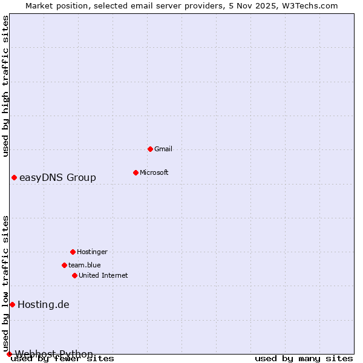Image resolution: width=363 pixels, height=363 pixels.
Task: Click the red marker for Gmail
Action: click(x=150, y=149)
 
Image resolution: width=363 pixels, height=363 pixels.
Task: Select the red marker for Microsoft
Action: click(x=136, y=172)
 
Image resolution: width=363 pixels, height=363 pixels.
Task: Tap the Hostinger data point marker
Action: click(x=73, y=252)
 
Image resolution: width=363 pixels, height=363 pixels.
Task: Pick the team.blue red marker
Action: click(x=64, y=265)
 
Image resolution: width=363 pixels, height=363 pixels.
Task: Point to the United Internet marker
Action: click(x=74, y=275)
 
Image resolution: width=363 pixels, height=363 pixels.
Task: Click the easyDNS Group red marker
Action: click(x=14, y=177)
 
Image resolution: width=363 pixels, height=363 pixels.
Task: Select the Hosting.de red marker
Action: click(x=12, y=304)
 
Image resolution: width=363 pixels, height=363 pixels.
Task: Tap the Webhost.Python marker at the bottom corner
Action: click(x=9, y=354)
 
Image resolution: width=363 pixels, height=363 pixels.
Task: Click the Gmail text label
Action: click(x=163, y=149)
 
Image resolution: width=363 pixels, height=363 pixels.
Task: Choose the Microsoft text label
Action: click(x=154, y=172)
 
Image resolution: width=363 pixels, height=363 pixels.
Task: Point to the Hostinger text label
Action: click(x=92, y=252)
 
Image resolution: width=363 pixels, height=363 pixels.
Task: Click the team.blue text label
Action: click(x=84, y=265)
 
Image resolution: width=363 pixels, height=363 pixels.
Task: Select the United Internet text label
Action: click(x=103, y=275)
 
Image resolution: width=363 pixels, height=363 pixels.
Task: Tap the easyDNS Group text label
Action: click(x=57, y=177)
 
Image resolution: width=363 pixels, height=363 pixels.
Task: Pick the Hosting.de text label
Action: click(x=44, y=304)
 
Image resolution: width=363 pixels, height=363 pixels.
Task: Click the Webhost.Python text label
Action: click(x=54, y=354)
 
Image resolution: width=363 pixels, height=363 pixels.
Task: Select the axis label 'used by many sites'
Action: click(x=304, y=359)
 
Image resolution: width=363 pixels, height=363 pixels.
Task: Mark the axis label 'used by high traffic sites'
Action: click(x=5, y=86)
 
